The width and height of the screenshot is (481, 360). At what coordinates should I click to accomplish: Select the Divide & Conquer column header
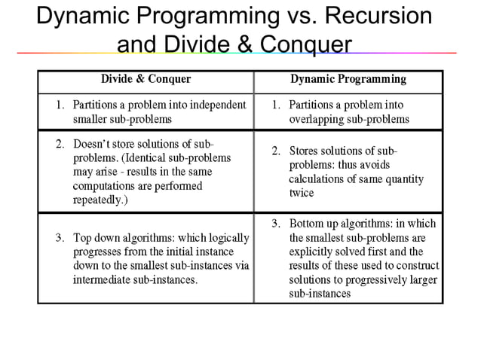coord(146,78)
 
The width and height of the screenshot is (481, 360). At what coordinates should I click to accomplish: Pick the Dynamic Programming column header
coord(348,78)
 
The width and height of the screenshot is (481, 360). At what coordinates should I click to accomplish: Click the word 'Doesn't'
coord(92,144)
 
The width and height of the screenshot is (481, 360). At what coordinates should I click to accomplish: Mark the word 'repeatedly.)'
coord(100,201)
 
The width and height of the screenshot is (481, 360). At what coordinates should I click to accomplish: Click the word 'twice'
coord(301,194)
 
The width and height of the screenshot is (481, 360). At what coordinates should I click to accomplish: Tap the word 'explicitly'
coord(311,252)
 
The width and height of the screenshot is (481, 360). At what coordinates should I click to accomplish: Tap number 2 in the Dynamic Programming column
coord(275,151)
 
